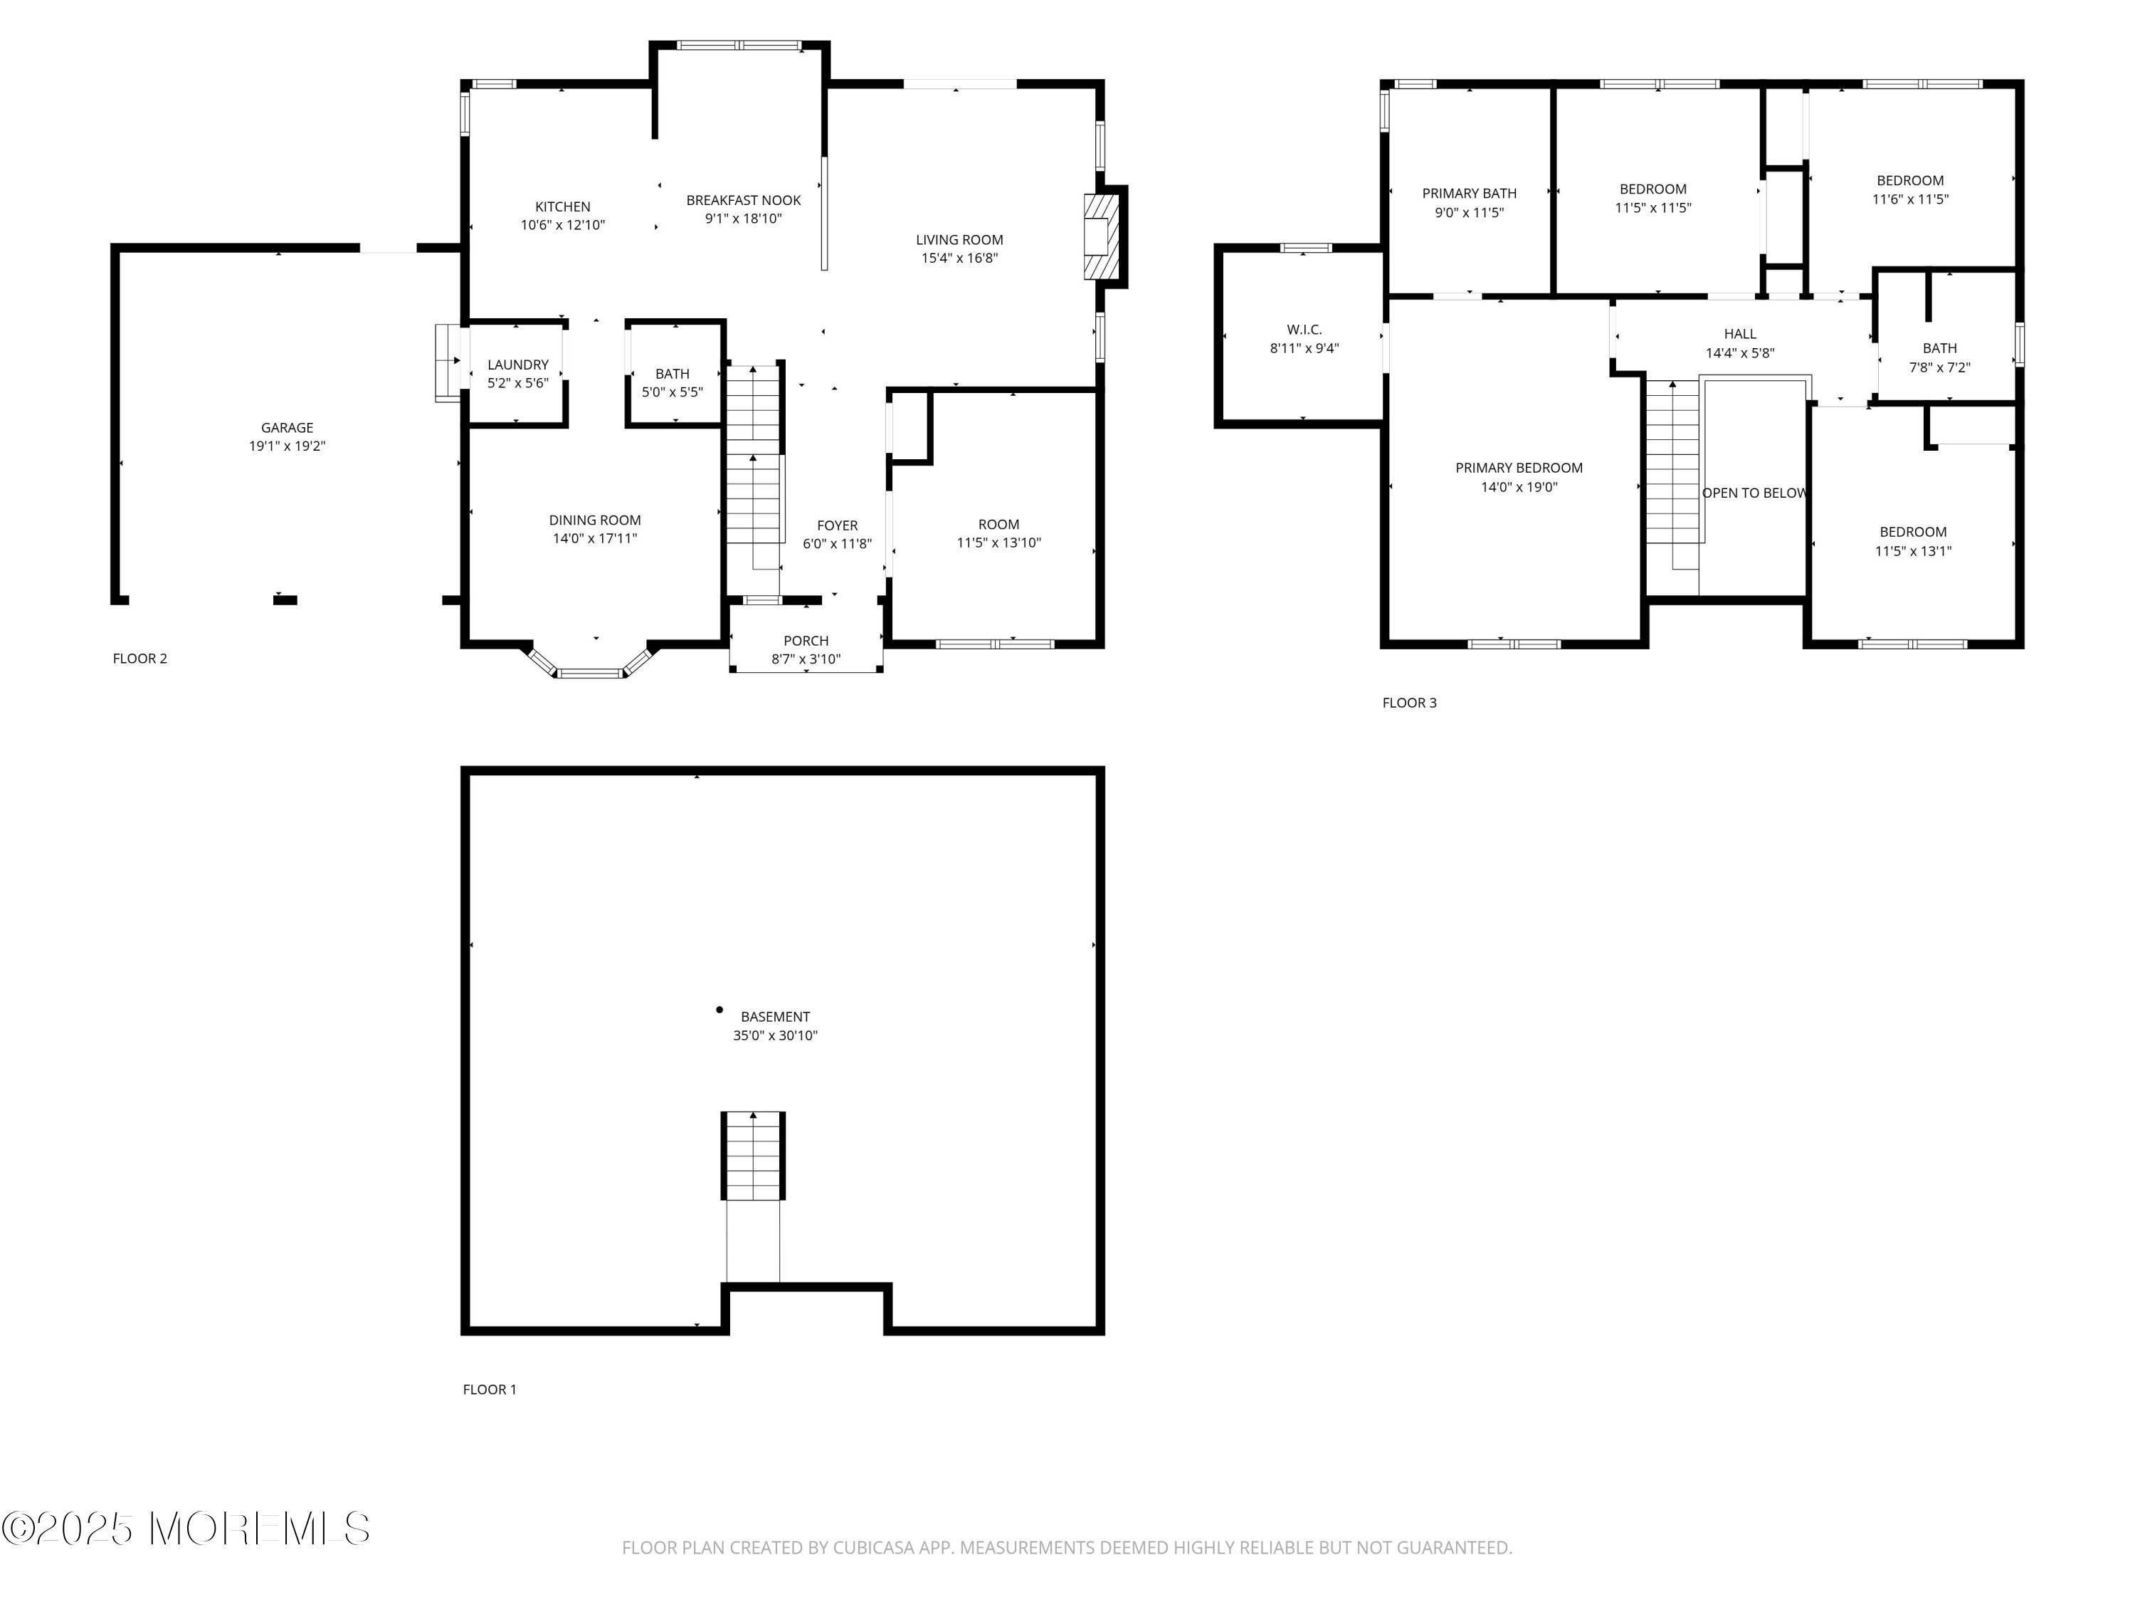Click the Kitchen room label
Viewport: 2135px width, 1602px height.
tap(563, 206)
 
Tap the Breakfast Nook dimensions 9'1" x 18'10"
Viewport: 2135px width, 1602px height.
tap(743, 219)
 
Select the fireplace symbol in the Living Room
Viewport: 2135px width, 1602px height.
tap(1100, 236)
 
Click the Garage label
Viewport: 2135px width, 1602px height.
tap(287, 428)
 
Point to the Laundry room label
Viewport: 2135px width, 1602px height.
tap(517, 365)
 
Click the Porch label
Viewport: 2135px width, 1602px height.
tap(806, 642)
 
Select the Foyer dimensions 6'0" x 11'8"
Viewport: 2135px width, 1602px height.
tap(837, 545)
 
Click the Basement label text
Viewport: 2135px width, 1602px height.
tap(775, 1017)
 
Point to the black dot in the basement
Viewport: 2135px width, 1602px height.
tap(719, 1010)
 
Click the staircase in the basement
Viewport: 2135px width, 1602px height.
tap(753, 1156)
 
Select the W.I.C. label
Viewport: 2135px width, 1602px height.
tap(1304, 330)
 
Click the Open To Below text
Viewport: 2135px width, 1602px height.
tap(1754, 493)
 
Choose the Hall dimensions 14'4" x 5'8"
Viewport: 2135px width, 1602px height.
tap(1739, 353)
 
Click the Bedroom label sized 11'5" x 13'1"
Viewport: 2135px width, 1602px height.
tap(1912, 532)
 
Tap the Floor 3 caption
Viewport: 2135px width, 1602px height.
tap(1409, 703)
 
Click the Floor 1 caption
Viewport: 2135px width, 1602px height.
tap(490, 1390)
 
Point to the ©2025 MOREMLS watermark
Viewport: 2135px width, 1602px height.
tap(185, 1529)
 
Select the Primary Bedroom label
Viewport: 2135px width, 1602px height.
tap(1518, 468)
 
